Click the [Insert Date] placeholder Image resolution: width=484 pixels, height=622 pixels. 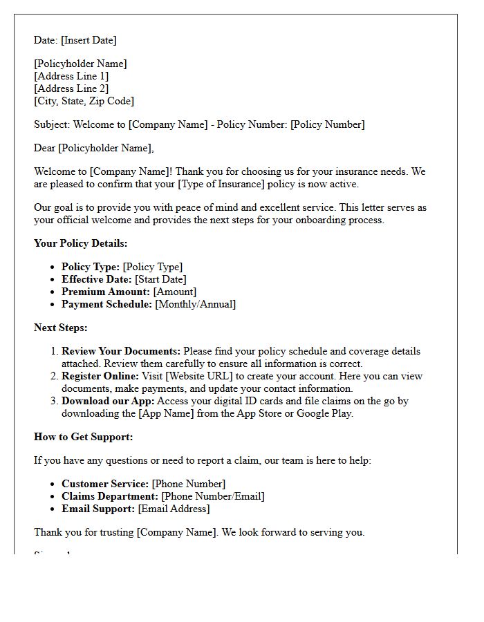click(89, 40)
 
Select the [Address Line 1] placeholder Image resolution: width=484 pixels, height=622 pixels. click(71, 76)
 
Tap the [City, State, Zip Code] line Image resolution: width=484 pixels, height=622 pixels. click(84, 101)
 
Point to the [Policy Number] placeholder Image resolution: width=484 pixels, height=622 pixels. click(327, 124)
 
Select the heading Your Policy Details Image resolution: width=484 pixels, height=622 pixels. click(81, 243)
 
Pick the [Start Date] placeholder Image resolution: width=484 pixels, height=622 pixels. click(160, 279)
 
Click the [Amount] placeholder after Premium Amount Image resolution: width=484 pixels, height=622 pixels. click(174, 292)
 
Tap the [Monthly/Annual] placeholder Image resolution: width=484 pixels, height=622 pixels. click(195, 304)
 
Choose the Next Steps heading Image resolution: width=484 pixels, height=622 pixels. click(61, 328)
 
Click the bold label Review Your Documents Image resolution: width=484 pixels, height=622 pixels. click(121, 351)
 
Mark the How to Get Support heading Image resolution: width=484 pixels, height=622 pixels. click(84, 437)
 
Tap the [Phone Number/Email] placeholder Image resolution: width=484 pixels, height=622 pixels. click(213, 496)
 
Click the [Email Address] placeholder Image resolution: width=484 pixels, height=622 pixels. click(174, 509)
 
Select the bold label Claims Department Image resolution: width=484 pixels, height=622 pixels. click(110, 496)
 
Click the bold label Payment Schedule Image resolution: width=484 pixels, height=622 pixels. click(106, 304)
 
